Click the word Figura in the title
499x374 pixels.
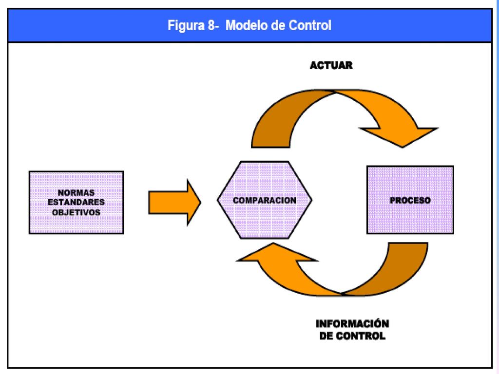[186, 25]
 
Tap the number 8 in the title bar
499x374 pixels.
[211, 25]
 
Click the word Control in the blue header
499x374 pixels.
[310, 25]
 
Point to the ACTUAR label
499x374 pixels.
[331, 66]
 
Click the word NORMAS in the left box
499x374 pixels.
[76, 193]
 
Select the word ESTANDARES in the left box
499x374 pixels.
[76, 202]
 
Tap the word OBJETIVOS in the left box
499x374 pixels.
[76, 212]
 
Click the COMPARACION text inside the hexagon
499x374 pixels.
[265, 200]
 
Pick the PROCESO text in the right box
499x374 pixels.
[410, 200]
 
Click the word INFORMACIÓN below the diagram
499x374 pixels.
[352, 324]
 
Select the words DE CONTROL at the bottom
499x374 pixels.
[352, 336]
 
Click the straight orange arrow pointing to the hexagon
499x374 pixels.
[175, 202]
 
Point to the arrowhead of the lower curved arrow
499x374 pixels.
[276, 253]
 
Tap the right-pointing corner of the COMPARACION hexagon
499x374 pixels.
[312, 200]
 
